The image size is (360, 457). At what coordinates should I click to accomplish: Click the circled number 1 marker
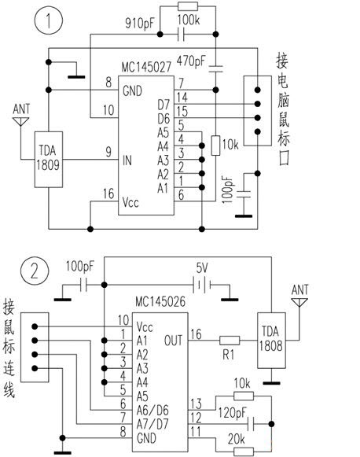tap(49, 20)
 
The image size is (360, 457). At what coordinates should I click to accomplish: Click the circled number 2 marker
tap(35, 271)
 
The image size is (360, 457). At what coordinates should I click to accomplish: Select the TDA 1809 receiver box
tap(49, 160)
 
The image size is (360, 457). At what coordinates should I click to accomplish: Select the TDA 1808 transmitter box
tap(271, 341)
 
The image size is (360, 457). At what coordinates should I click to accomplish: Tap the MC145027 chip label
tap(146, 68)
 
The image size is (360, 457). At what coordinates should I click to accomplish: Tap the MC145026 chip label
tap(160, 302)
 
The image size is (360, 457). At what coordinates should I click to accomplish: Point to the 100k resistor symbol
tap(188, 6)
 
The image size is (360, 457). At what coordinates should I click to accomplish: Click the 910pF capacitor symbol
tap(181, 35)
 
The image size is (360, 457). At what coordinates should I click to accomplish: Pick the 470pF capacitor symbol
tap(215, 68)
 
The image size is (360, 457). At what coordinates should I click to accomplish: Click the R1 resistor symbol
tap(230, 341)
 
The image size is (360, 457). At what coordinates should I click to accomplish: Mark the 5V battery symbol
tap(202, 285)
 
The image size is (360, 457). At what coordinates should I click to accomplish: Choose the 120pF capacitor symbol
tap(251, 424)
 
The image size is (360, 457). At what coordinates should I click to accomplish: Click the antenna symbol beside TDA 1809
tap(20, 122)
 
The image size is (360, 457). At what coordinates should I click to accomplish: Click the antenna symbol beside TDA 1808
tap(299, 303)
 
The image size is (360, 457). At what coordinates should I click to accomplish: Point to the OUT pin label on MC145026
tap(173, 341)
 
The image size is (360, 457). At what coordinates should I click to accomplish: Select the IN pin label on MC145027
tap(127, 160)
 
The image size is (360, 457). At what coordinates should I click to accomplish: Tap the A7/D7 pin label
tap(152, 424)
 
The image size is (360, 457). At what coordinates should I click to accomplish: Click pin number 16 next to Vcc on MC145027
tap(108, 193)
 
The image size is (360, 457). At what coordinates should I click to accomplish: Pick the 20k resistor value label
tap(237, 438)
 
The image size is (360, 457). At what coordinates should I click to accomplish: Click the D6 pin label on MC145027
tap(163, 119)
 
